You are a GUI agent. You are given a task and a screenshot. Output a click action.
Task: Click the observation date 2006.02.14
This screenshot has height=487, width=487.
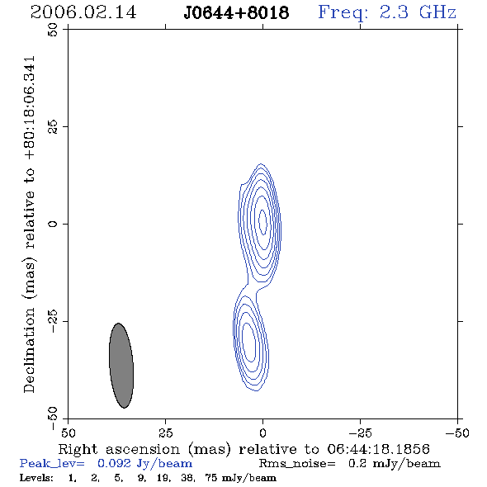[83, 12]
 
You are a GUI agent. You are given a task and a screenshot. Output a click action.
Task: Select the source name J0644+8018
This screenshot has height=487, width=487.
[236, 13]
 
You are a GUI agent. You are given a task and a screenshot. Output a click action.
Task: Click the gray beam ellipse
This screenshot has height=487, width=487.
[121, 365]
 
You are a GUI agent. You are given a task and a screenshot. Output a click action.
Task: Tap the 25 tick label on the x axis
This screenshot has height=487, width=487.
[165, 433]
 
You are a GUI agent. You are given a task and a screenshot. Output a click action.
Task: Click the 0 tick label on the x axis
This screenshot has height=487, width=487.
[262, 433]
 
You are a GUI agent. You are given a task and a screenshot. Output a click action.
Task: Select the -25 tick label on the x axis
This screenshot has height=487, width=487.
[360, 433]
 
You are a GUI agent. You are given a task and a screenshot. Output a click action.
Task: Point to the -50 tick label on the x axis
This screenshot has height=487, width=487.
[457, 433]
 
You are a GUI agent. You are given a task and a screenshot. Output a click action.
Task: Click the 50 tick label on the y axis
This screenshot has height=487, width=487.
[53, 30]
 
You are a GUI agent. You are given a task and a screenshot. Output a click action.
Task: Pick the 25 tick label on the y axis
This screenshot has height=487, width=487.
[53, 127]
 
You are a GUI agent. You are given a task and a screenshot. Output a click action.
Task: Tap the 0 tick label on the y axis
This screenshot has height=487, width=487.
[53, 224]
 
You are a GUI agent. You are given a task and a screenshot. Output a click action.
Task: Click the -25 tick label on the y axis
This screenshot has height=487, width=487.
[53, 321]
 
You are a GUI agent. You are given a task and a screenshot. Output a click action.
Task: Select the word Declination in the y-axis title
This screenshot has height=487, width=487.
[29, 350]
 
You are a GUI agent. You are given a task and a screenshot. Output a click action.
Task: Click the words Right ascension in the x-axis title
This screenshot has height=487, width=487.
[119, 449]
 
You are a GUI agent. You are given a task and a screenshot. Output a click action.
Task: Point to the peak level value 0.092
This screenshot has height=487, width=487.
[114, 463]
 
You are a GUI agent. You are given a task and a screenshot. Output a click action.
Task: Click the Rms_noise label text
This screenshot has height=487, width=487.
[297, 464]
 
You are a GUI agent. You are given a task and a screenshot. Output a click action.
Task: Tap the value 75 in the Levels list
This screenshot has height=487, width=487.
[210, 478]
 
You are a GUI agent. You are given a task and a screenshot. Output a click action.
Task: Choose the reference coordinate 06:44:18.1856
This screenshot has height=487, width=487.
[378, 449]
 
